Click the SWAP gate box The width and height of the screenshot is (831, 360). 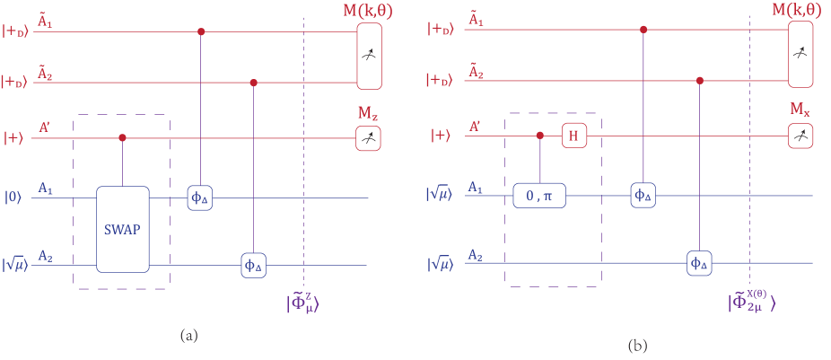pyautogui.click(x=122, y=229)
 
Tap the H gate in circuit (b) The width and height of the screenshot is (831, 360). pyautogui.click(x=572, y=136)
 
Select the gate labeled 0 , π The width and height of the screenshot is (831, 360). pyautogui.click(x=539, y=195)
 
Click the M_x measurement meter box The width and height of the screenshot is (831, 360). pyautogui.click(x=800, y=136)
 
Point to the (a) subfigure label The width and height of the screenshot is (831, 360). pyautogui.click(x=188, y=336)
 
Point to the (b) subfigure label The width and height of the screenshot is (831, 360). pyautogui.click(x=636, y=345)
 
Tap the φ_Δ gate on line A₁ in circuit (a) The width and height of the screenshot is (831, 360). pyautogui.click(x=199, y=198)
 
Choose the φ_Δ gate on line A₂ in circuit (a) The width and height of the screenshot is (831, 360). pyautogui.click(x=254, y=265)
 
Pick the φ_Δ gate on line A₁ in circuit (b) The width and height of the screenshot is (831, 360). pyautogui.click(x=643, y=195)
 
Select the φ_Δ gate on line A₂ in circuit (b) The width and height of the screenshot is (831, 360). pyautogui.click(x=699, y=263)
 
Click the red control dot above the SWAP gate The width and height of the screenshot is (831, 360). pyautogui.click(x=122, y=138)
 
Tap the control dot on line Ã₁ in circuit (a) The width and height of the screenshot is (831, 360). pyautogui.click(x=199, y=32)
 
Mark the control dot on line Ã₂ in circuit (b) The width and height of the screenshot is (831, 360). pyautogui.click(x=699, y=81)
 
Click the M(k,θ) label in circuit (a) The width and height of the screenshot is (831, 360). pyautogui.click(x=368, y=11)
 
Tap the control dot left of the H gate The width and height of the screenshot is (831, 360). pyautogui.click(x=539, y=136)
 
